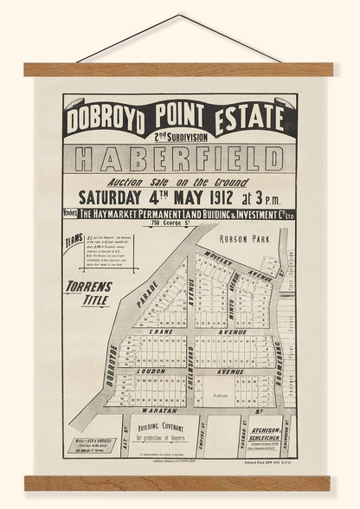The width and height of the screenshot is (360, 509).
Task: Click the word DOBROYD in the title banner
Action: [107, 115]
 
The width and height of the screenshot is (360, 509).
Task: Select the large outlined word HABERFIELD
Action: [182, 160]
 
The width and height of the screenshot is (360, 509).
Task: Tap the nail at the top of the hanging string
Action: [181, 15]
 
